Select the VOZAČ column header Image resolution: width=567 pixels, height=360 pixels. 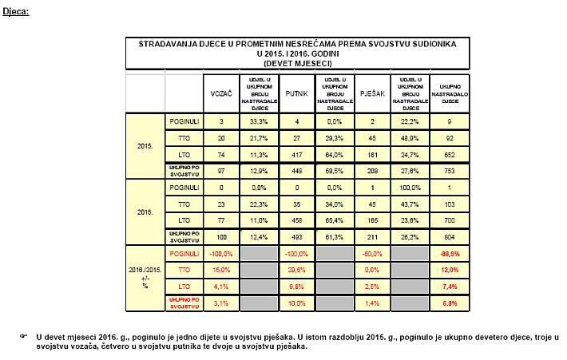click(220, 93)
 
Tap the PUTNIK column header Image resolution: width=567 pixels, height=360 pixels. click(296, 93)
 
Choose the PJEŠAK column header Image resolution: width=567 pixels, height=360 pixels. click(372, 93)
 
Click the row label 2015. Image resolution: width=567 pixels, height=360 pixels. click(145, 147)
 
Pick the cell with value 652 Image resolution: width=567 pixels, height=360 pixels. click(449, 153)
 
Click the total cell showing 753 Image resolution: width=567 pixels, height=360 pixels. click(449, 170)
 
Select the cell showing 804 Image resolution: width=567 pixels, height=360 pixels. click(449, 237)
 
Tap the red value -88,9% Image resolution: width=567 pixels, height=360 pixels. click(449, 254)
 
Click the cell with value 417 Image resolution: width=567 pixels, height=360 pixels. click(296, 153)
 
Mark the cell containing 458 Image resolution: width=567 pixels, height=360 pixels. click(296, 220)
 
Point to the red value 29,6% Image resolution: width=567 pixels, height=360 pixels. click(296, 271)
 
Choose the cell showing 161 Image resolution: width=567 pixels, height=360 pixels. click(372, 153)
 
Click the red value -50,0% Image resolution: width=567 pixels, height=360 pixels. click(372, 254)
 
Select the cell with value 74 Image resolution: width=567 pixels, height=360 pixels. click(220, 153)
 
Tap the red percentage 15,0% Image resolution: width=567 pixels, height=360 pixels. click(220, 271)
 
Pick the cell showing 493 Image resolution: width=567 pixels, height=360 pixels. click(296, 237)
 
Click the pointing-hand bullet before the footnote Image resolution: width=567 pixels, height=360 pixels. click(23, 336)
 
